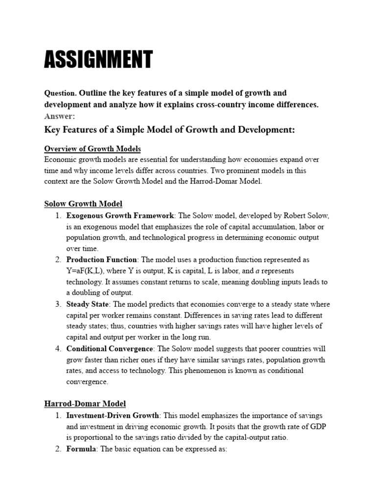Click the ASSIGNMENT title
tap(98, 59)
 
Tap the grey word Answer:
tap(60, 116)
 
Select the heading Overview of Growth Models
tap(93, 149)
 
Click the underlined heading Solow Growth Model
tap(83, 204)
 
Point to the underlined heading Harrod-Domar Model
tap(85, 404)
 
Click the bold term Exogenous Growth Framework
tap(120, 216)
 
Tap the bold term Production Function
tap(102, 260)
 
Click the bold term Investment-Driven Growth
tap(113, 416)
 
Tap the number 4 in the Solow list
tap(57, 349)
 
